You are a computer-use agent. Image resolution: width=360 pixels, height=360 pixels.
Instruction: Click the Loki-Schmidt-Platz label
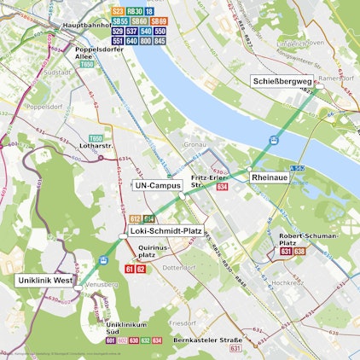pyautogui.click(x=166, y=230)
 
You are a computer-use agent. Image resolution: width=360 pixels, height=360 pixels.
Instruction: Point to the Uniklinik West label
pyautogui.click(x=45, y=280)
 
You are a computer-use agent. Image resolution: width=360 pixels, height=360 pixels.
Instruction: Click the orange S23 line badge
pyautogui.click(x=118, y=11)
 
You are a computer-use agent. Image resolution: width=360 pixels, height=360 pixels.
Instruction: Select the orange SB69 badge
pyautogui.click(x=159, y=20)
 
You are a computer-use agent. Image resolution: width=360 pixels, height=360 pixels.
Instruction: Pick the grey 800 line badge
pyautogui.click(x=146, y=40)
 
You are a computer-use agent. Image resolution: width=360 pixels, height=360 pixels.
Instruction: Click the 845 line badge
pyautogui.click(x=160, y=40)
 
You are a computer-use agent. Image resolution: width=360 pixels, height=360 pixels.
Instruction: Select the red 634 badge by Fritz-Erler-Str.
pyautogui.click(x=223, y=186)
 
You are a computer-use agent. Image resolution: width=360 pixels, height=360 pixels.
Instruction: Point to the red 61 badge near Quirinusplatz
pyautogui.click(x=130, y=269)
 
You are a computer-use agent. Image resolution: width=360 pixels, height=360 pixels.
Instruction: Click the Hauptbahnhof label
pyautogui.click(x=89, y=26)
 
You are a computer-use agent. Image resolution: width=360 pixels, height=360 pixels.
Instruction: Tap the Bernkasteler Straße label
pyautogui.click(x=208, y=340)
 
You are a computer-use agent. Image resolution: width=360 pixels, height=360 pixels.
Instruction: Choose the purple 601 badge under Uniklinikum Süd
pyautogui.click(x=111, y=340)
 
